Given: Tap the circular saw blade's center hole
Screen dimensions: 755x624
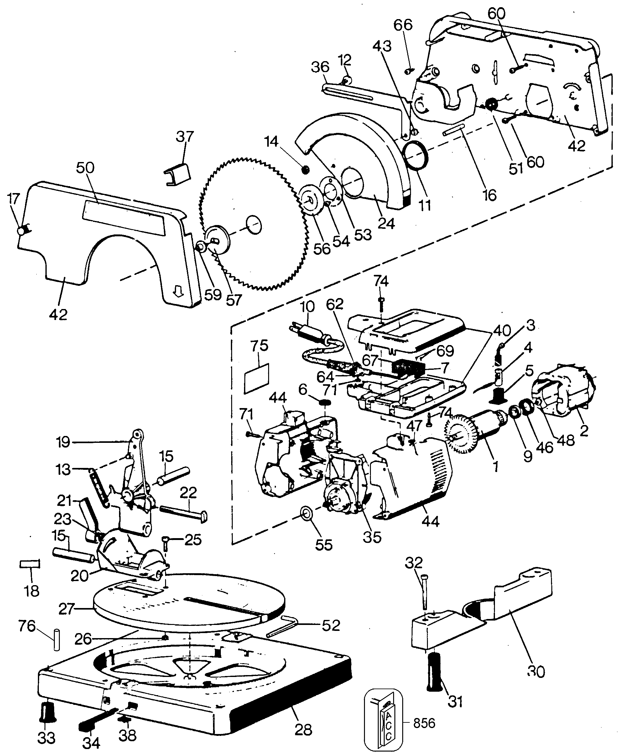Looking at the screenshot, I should pyautogui.click(x=254, y=225).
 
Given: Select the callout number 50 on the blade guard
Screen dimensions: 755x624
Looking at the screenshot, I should pyautogui.click(x=85, y=168).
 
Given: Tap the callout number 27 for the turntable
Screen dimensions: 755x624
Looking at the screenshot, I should pyautogui.click(x=66, y=609).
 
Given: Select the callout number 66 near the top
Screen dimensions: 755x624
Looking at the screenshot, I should pyautogui.click(x=403, y=25).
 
